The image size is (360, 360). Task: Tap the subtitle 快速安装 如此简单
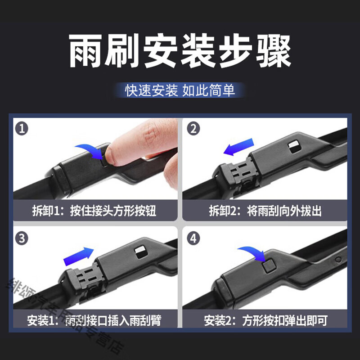180,90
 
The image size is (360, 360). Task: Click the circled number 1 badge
21,130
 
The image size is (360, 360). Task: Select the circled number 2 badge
194,130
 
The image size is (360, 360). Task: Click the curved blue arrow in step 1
89,152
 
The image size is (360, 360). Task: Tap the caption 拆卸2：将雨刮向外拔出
265,211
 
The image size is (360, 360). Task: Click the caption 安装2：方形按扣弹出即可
265,320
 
